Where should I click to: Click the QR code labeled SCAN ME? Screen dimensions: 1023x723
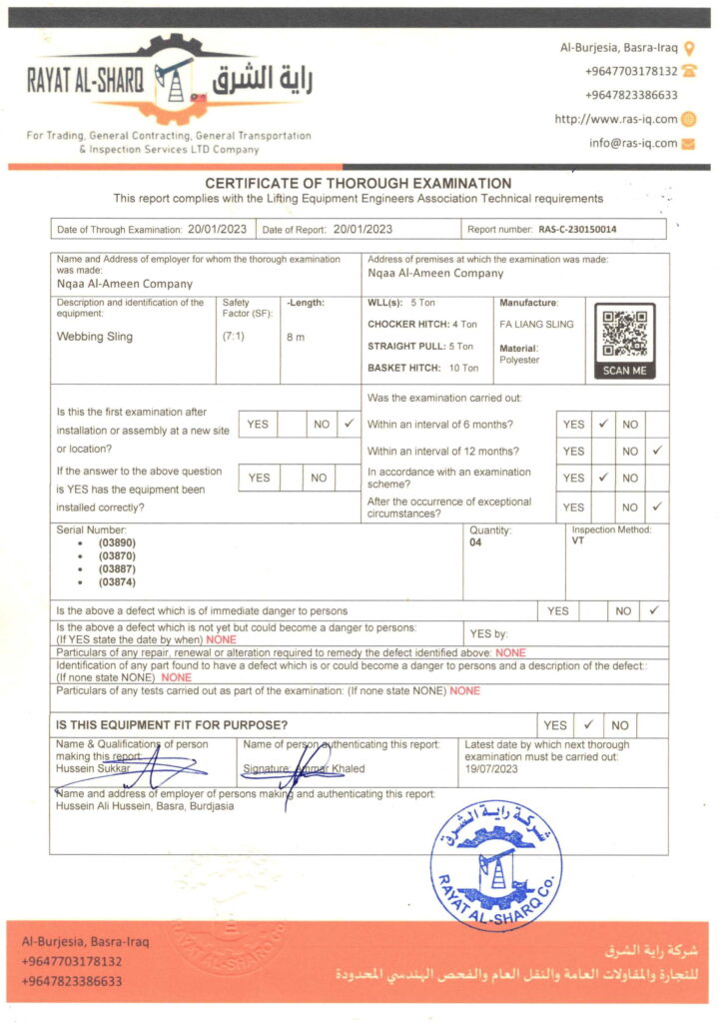pyautogui.click(x=625, y=335)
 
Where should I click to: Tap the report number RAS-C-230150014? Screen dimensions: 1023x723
pyautogui.click(x=577, y=230)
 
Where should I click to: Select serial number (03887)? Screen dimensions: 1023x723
pyautogui.click(x=117, y=568)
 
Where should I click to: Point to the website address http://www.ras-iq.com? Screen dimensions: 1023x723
pyautogui.click(x=616, y=119)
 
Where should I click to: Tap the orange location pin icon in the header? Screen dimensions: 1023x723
pyautogui.click(x=689, y=47)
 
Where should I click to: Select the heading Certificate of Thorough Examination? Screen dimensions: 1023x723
pyautogui.click(x=358, y=184)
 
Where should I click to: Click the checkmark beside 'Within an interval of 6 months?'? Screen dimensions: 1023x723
pyautogui.click(x=602, y=424)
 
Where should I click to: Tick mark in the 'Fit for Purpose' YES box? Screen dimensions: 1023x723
pyautogui.click(x=587, y=725)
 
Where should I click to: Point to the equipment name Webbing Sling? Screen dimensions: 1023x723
pyautogui.click(x=94, y=337)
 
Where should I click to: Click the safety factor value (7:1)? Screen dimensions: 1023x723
pyautogui.click(x=233, y=337)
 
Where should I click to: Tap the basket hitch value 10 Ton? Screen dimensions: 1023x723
pyautogui.click(x=462, y=368)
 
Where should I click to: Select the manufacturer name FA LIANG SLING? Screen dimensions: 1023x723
pyautogui.click(x=536, y=325)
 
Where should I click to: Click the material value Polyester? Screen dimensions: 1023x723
pyautogui.click(x=518, y=360)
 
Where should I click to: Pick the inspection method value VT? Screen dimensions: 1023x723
pyautogui.click(x=578, y=540)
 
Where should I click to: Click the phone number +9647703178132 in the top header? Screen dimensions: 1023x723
pyautogui.click(x=631, y=71)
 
